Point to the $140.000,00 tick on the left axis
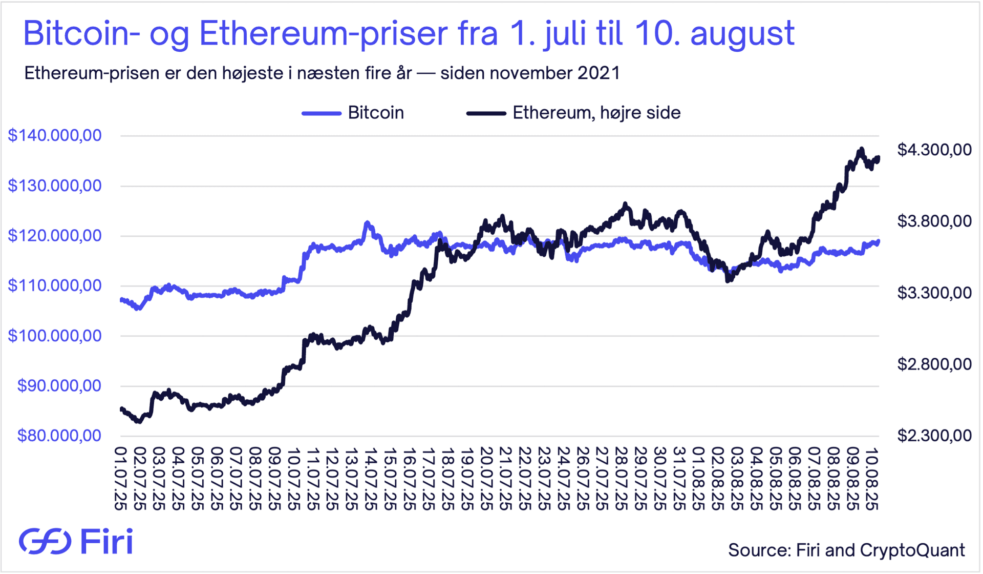coord(55,136)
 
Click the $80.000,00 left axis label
coord(59,436)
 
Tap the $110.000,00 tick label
coord(55,285)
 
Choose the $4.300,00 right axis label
coord(934,150)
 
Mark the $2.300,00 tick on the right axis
coord(934,436)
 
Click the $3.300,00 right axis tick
coord(934,293)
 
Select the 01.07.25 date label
coord(121,479)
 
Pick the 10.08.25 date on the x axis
coord(872,479)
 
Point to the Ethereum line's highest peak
coord(861,149)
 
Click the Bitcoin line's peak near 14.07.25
coord(367,223)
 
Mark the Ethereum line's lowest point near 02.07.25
coord(138,421)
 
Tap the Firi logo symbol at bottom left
coord(45,541)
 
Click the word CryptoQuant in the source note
coord(912,550)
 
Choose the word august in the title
coord(742,33)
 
